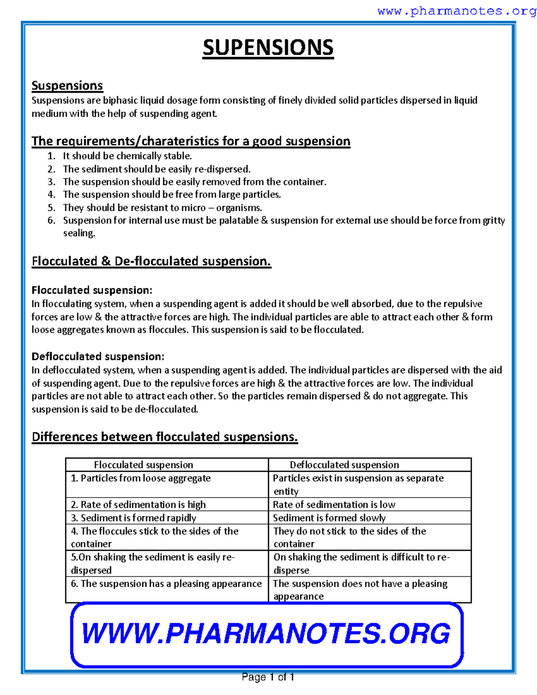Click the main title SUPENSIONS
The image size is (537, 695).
pyautogui.click(x=268, y=48)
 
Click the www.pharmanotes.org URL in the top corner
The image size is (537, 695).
pyautogui.click(x=456, y=11)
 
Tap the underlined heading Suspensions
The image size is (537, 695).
pyautogui.click(x=67, y=85)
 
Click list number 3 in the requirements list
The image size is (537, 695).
pyautogui.click(x=51, y=182)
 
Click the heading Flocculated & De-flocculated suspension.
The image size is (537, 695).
pyautogui.click(x=151, y=261)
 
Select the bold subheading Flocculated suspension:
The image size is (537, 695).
pyautogui.click(x=92, y=290)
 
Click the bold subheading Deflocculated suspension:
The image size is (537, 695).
pyautogui.click(x=98, y=356)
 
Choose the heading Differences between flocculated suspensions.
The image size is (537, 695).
pyautogui.click(x=165, y=437)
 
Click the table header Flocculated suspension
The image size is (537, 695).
pyautogui.click(x=143, y=465)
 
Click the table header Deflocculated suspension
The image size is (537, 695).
pyautogui.click(x=344, y=465)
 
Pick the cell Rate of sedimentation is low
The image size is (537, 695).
pyautogui.click(x=334, y=504)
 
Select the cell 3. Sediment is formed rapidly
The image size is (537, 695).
pyautogui.click(x=133, y=518)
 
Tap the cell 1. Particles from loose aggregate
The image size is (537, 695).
pyautogui.click(x=141, y=478)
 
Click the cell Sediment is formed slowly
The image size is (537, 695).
pyautogui.click(x=329, y=518)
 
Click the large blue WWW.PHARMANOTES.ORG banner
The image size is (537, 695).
pyautogui.click(x=266, y=634)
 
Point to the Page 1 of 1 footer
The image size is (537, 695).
pyautogui.click(x=268, y=677)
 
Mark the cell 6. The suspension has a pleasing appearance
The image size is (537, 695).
pyautogui.click(x=166, y=584)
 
